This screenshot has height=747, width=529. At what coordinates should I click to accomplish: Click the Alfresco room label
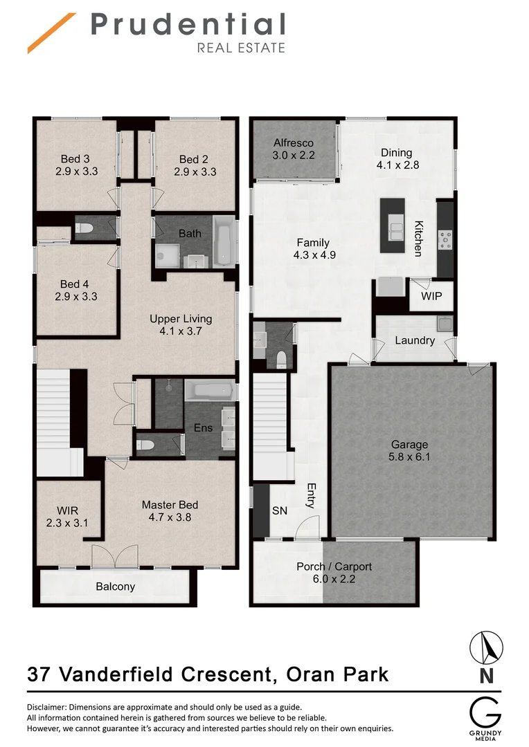pyautogui.click(x=294, y=149)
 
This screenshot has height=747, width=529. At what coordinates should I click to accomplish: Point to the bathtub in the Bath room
pyautogui.click(x=224, y=240)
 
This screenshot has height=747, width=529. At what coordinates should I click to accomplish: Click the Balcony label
pyautogui.click(x=115, y=587)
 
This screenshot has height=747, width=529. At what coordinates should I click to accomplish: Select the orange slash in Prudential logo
pyautogui.click(x=52, y=32)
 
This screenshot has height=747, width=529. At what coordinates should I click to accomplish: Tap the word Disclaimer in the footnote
pyautogui.click(x=51, y=708)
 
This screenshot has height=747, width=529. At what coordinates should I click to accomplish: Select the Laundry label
pyautogui.click(x=415, y=340)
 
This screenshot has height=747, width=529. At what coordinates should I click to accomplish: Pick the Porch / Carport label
pyautogui.click(x=334, y=572)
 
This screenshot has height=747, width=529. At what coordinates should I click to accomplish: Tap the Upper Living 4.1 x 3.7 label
pyautogui.click(x=181, y=325)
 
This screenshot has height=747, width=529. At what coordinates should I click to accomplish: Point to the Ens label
pyautogui.click(x=203, y=428)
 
